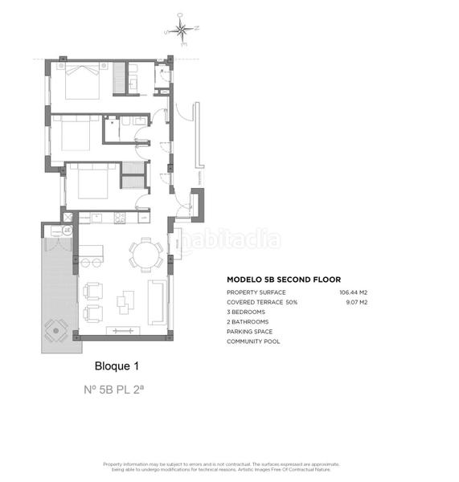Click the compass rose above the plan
[183, 31]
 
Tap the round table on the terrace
[56, 329]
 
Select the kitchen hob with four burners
[120, 217]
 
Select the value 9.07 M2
[357, 302]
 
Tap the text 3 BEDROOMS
[248, 312]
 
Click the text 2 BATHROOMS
[248, 321]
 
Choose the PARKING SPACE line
[249, 331]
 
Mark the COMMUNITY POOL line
[252, 341]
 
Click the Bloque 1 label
[117, 366]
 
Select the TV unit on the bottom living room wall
[124, 330]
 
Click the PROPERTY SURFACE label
[256, 292]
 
